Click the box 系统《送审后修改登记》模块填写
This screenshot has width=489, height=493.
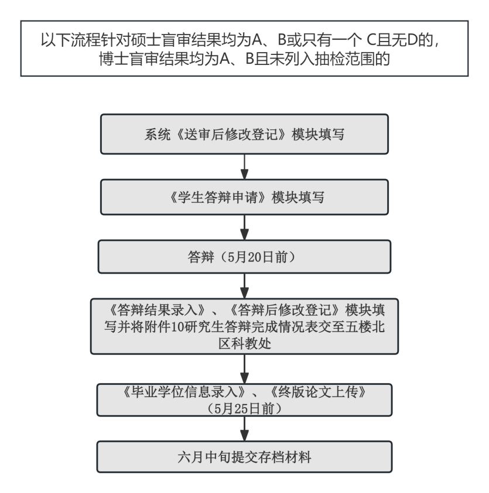pos(244,135)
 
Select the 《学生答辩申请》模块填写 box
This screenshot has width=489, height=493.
pos(244,197)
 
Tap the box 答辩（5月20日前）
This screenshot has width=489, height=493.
pos(244,257)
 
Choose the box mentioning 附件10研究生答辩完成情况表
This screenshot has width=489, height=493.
pos(244,326)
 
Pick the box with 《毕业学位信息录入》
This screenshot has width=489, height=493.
pos(244,400)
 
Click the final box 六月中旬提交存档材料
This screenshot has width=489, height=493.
pos(244,457)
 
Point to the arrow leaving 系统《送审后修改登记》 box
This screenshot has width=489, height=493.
pos(244,167)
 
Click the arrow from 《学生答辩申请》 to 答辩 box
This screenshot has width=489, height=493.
pos(244,227)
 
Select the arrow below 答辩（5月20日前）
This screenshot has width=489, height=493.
pos(244,286)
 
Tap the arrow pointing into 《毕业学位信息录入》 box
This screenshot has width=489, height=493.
pos(244,369)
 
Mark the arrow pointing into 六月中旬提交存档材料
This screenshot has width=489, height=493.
pos(244,429)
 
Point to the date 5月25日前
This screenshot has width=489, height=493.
pos(244,409)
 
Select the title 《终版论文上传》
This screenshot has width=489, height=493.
pos(319,392)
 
